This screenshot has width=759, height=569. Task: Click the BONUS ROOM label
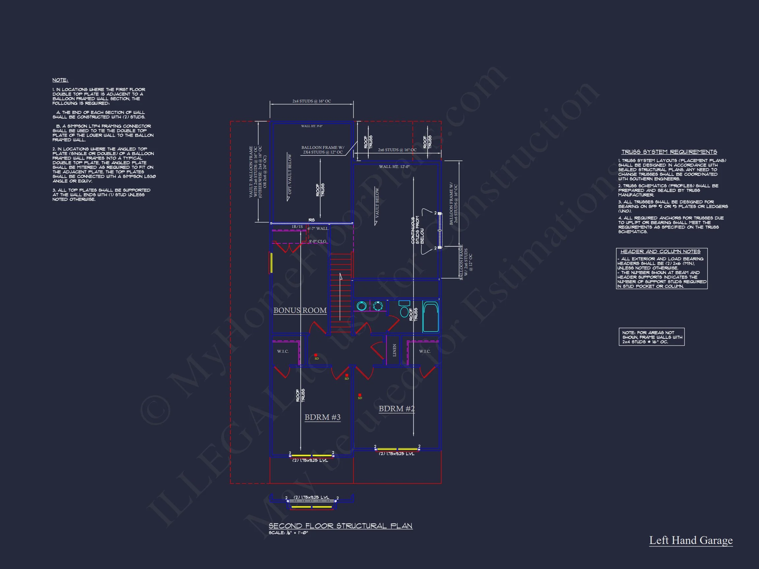click(300, 311)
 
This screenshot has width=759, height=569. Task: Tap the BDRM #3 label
click(323, 417)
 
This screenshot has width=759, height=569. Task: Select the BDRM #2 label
click(396, 409)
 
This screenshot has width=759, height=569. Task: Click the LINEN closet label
click(395, 350)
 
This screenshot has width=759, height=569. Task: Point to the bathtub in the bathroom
click(430, 316)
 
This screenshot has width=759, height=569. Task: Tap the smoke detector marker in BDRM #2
click(360, 395)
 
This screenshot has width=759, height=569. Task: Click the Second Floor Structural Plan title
click(340, 526)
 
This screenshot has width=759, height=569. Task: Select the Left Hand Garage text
click(691, 540)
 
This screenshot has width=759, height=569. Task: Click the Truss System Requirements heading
click(669, 152)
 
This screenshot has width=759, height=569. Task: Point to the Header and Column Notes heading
click(661, 251)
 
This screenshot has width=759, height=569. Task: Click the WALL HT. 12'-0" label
click(394, 167)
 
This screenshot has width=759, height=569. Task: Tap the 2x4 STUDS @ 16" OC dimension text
click(312, 101)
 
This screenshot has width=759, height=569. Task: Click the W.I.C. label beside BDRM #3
click(283, 351)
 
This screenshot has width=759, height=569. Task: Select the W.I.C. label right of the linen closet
click(425, 351)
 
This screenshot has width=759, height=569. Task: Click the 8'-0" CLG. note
click(318, 241)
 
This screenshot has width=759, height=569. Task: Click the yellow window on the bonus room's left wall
click(271, 263)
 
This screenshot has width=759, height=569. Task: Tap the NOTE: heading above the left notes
click(60, 80)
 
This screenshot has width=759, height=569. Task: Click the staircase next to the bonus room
click(341, 291)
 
